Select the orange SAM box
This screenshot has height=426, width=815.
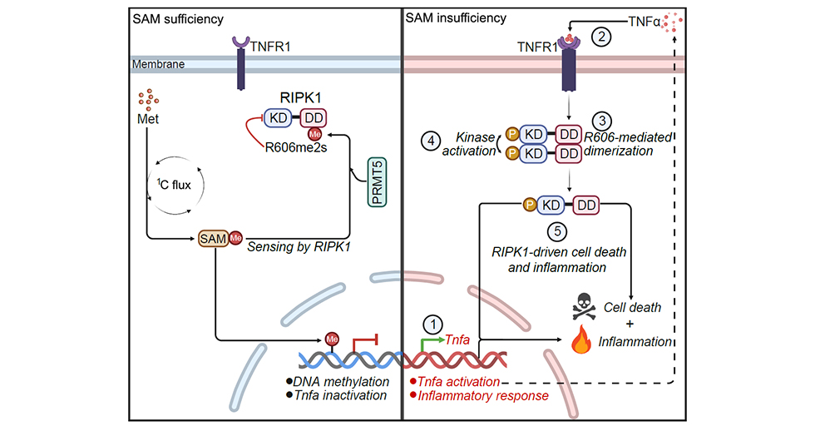click(x=214, y=240)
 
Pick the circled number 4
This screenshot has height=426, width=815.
click(x=431, y=140)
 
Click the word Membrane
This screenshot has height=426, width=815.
click(x=158, y=64)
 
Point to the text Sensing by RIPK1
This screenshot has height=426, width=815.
click(x=295, y=246)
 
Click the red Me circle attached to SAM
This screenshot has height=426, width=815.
click(x=235, y=240)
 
